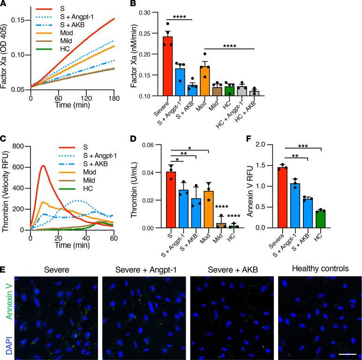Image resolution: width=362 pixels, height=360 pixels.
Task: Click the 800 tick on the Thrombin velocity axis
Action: [20, 146]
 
